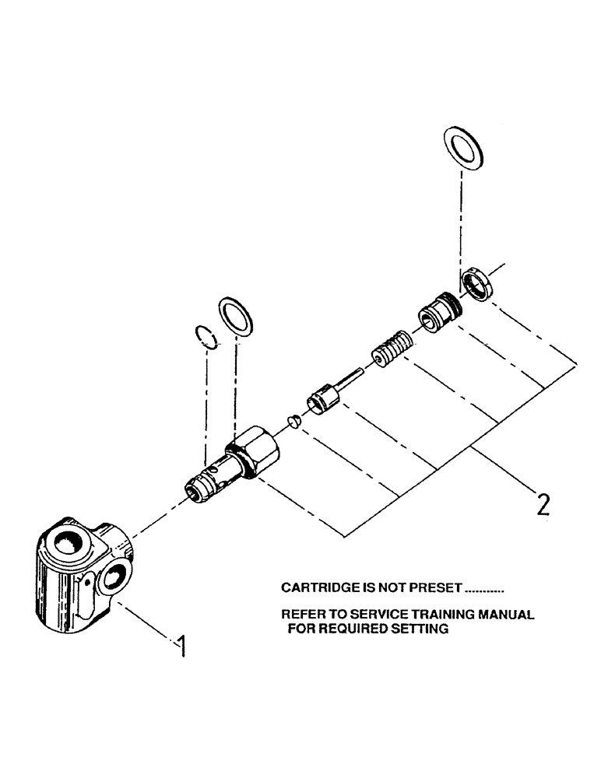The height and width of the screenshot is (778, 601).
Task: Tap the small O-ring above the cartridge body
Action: coord(204,335)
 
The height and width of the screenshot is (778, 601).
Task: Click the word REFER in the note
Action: coord(300,615)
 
